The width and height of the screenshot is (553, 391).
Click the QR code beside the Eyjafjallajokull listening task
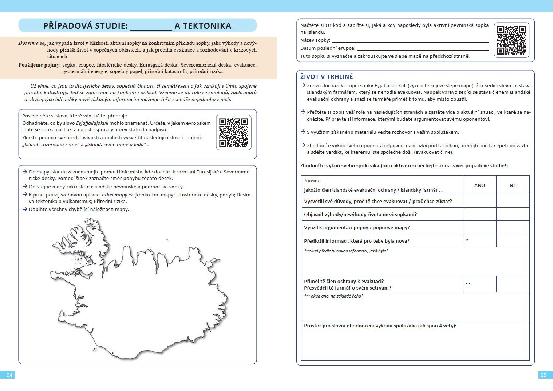coord(233,132)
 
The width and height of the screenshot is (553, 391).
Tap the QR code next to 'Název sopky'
coord(511,40)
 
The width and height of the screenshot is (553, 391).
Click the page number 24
coord(9,375)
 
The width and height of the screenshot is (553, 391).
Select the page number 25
coord(544,375)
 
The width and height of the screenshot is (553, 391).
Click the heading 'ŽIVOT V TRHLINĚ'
coord(327,77)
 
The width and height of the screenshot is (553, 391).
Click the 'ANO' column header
coord(479,185)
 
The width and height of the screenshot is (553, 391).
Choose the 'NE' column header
coord(513,185)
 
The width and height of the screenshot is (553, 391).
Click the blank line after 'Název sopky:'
coord(410,41)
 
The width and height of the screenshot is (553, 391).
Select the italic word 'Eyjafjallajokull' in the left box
coord(92,123)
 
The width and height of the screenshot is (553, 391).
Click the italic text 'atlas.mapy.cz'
coord(117,195)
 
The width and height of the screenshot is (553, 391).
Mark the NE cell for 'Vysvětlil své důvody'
coord(513,201)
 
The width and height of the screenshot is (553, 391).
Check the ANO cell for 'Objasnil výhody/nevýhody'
coord(479,214)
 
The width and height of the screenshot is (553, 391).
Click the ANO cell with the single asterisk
coord(479,241)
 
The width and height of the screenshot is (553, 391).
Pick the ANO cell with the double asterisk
coord(479,284)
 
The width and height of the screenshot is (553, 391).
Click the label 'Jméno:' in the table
coord(312,180)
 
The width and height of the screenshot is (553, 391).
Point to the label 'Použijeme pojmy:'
coord(39,65)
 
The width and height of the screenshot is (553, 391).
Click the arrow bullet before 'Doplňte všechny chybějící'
coord(25,209)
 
